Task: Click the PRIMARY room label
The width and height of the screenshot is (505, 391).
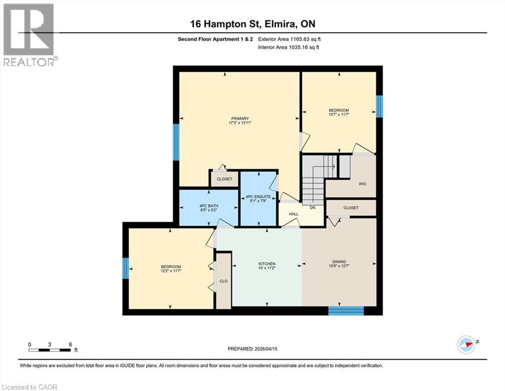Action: (x=239, y=119)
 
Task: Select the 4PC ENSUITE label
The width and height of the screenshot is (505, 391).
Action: (x=258, y=197)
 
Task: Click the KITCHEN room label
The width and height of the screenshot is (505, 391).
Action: (x=267, y=264)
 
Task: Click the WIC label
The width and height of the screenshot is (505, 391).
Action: (x=362, y=184)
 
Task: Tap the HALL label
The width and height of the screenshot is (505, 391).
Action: (x=293, y=214)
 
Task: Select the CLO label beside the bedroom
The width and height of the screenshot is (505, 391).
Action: (x=223, y=281)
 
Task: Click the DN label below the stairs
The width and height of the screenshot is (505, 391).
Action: (x=313, y=208)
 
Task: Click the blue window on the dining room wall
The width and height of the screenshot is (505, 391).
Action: (x=346, y=311)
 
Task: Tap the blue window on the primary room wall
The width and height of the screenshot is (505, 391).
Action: (x=176, y=142)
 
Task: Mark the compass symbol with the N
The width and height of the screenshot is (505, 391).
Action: (x=466, y=344)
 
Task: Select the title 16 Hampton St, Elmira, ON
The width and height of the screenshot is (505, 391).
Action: (x=252, y=24)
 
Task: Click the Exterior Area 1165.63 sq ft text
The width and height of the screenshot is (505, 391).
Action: (x=289, y=39)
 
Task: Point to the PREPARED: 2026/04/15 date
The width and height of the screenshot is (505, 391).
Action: (x=252, y=349)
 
